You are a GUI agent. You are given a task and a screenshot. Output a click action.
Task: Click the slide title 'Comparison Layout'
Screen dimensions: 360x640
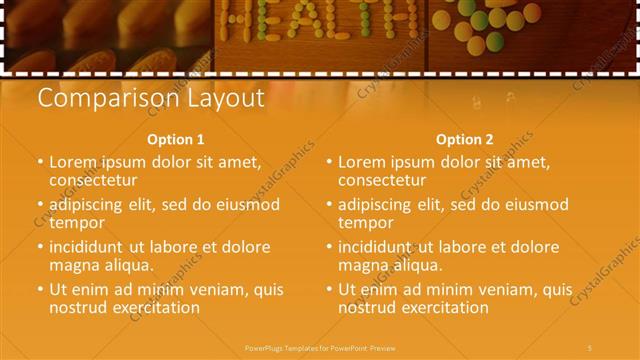[x=150, y=98]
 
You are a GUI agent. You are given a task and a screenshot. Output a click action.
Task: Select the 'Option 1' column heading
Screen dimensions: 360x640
[x=175, y=140]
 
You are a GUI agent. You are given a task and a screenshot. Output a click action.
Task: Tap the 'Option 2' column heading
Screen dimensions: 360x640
[x=464, y=140]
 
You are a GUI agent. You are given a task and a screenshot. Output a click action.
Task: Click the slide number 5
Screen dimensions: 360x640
[x=590, y=347]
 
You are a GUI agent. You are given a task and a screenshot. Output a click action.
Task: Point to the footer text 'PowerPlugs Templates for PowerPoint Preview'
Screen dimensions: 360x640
[x=320, y=347]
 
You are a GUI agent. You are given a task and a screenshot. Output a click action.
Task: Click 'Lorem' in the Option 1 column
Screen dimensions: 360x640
[x=74, y=162]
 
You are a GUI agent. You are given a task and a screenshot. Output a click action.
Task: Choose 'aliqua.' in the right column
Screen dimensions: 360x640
[x=419, y=265]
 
